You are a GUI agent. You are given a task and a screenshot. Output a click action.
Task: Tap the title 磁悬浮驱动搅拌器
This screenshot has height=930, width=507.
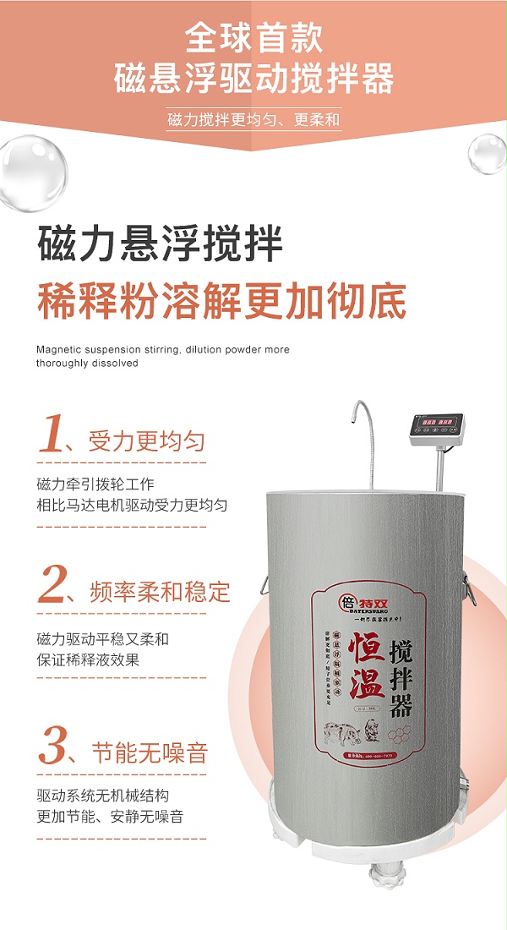pos(253,79)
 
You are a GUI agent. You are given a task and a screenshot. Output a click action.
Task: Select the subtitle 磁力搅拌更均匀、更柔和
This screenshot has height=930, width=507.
pos(253,119)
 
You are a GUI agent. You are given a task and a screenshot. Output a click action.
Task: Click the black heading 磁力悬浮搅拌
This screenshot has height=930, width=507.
pos(160,243)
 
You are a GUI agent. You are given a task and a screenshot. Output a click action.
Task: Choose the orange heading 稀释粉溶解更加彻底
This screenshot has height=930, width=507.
pos(221,302)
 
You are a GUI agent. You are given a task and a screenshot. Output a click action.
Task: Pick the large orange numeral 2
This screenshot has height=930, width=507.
pos(52,583)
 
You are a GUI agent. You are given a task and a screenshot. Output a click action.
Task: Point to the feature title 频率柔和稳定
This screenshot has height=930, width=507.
pos(159,590)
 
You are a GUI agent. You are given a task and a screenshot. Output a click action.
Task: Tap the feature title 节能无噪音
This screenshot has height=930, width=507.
pos(148,752)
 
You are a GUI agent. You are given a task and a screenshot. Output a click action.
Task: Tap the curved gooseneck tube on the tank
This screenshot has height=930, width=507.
pos(363,440)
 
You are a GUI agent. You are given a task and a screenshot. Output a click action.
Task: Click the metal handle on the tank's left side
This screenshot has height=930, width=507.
pos(262,583)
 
